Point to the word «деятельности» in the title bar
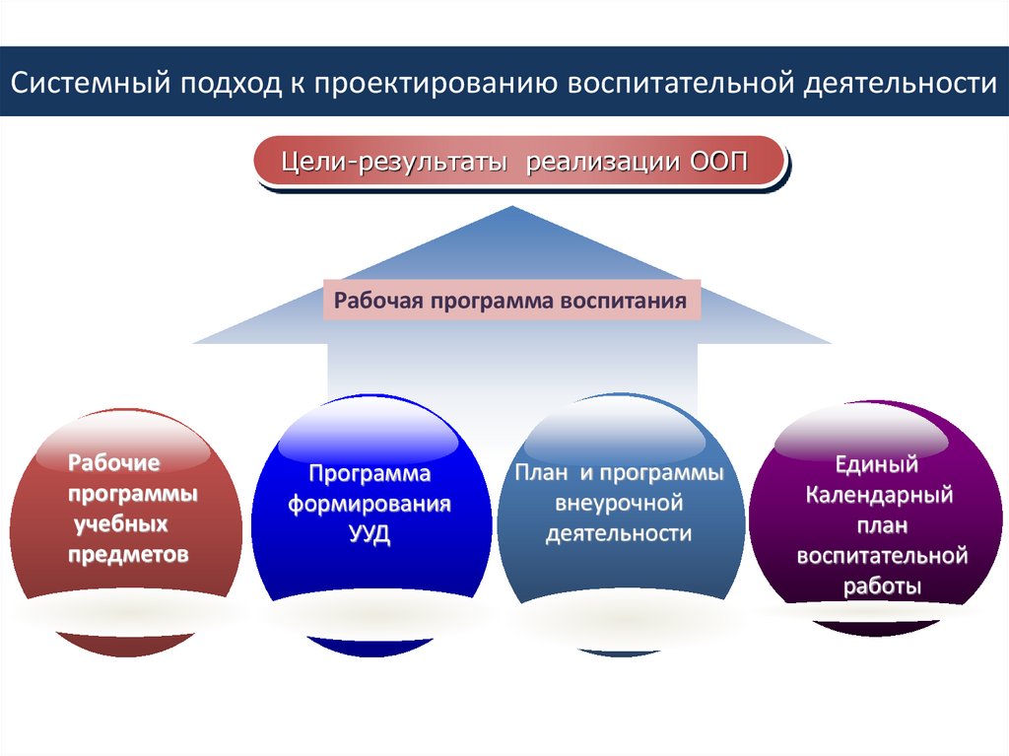[x=901, y=83]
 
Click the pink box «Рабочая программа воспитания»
[x=510, y=301]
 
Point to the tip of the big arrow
[x=511, y=208]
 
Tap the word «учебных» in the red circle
[x=118, y=523]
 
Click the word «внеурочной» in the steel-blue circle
[x=619, y=504]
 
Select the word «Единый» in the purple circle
[x=877, y=463]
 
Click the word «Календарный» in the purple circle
[x=879, y=494]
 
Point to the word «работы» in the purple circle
[x=882, y=586]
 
